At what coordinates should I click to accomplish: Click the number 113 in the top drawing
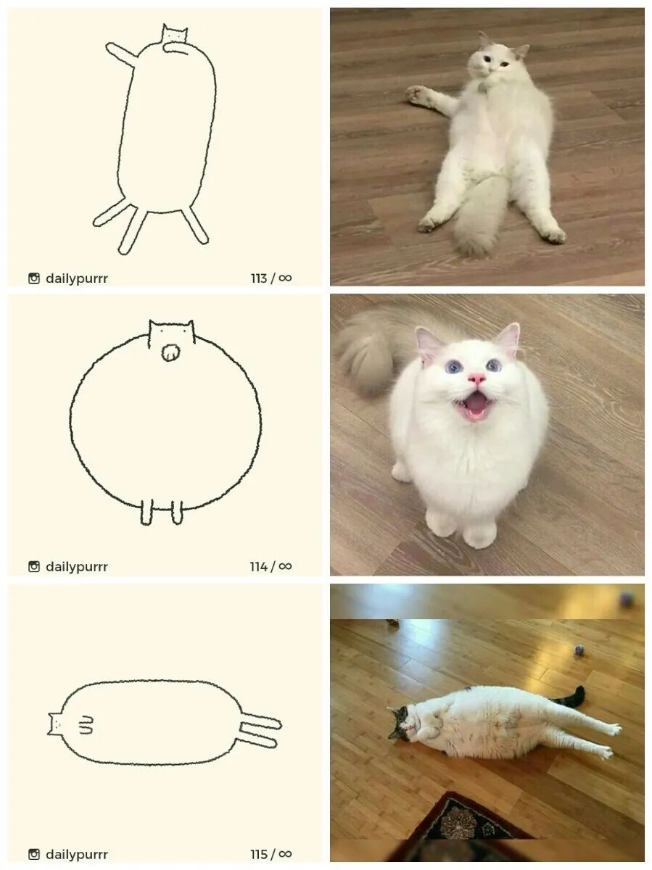[259, 278]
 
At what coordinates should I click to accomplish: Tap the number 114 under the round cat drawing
[258, 566]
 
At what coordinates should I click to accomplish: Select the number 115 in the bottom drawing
[258, 854]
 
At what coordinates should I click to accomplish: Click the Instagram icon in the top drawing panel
[34, 278]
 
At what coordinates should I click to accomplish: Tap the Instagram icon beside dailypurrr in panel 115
[34, 854]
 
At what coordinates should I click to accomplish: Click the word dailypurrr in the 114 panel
[77, 567]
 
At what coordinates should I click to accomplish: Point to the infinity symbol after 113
[285, 278]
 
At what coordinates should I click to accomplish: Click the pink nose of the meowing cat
[476, 378]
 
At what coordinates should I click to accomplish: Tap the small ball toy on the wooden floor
[579, 650]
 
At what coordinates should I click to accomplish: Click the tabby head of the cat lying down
[400, 722]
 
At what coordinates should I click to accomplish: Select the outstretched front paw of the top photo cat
[417, 94]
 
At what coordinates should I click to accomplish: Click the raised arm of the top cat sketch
[122, 55]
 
